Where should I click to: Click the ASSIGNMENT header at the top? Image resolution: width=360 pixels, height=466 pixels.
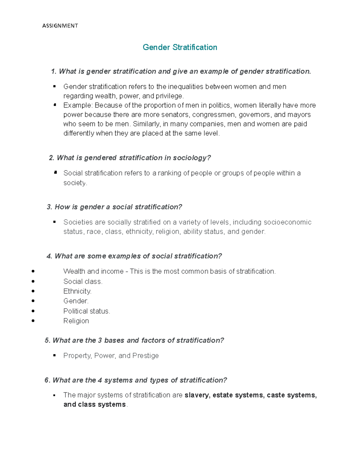point(60,26)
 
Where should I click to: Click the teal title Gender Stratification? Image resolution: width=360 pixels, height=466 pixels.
point(180,47)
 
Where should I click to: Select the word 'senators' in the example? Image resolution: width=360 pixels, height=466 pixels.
point(175,115)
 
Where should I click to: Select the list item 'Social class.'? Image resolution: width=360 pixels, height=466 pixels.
point(83,281)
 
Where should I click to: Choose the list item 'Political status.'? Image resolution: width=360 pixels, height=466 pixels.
point(87,311)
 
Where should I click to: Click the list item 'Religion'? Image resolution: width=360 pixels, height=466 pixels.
point(76,321)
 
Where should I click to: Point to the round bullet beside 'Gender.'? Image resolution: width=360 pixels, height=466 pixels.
point(33,301)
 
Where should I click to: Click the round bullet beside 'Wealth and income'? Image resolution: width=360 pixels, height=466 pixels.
point(33,272)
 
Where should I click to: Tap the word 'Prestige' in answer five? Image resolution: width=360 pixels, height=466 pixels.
point(145,356)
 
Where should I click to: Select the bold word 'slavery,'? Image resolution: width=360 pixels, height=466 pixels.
point(197,395)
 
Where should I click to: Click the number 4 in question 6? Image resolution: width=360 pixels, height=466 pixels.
point(100,380)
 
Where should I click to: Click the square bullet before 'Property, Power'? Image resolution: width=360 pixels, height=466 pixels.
point(55,356)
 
